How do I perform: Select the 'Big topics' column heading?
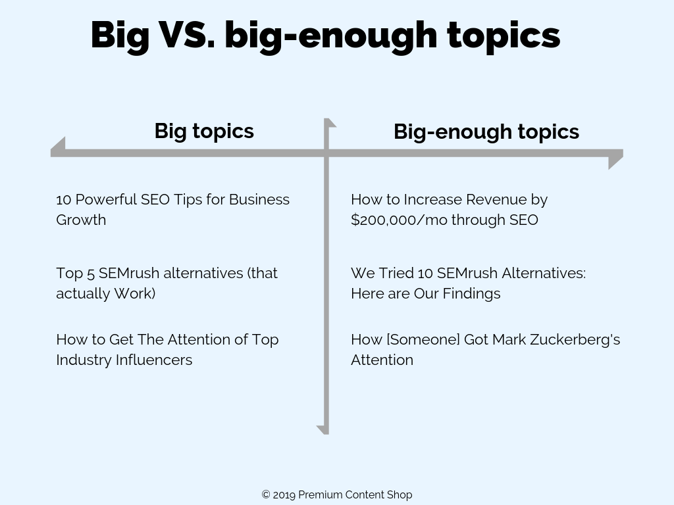tap(204, 131)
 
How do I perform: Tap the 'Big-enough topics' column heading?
tap(486, 132)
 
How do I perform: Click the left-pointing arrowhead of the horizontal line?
tap(59, 148)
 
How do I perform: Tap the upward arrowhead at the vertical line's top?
tap(329, 123)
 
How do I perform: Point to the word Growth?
tap(81, 220)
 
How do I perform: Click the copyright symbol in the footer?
tap(266, 494)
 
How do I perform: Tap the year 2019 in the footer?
tap(284, 494)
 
